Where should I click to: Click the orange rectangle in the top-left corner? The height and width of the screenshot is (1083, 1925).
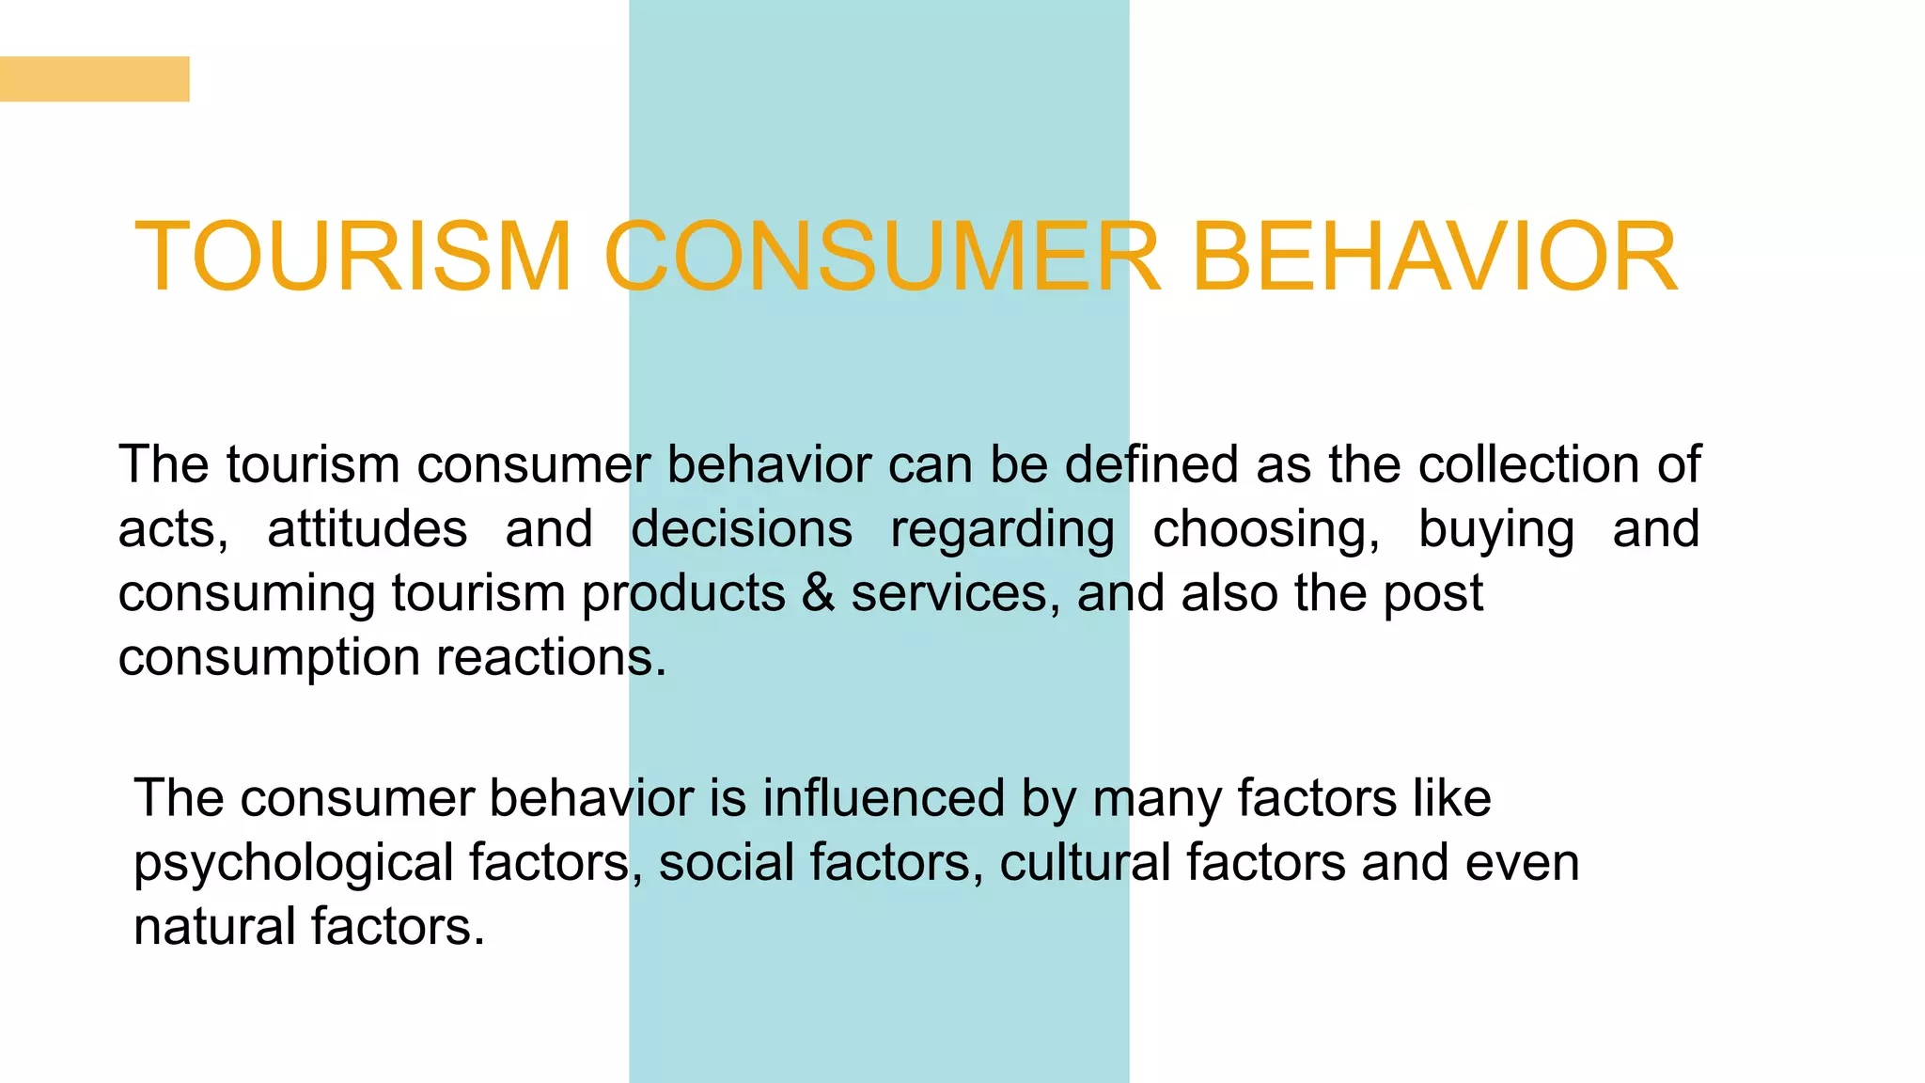94,79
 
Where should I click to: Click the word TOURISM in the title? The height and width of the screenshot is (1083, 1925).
353,257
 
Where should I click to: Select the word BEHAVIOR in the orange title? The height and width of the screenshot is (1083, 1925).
1433,257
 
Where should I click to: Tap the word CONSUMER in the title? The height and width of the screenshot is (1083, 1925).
882,257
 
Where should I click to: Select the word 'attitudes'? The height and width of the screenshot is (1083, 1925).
367,528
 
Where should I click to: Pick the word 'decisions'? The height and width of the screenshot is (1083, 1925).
742,528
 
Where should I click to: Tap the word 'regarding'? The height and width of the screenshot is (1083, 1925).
1002,530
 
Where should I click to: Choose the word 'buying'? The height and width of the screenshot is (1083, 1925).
1496,530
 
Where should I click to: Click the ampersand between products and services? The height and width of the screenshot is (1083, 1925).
818,593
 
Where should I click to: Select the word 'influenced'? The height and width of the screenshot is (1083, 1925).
884,798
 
